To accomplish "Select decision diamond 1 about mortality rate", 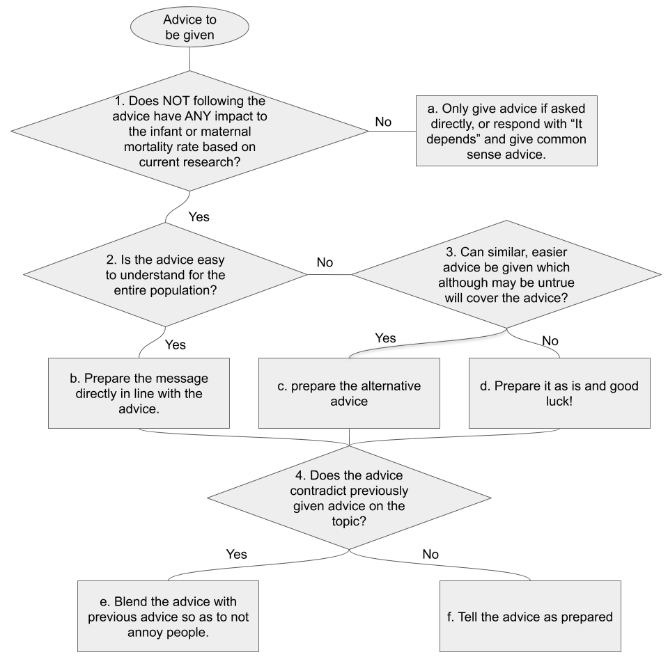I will [x=190, y=130].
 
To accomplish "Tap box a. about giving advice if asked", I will [x=506, y=130].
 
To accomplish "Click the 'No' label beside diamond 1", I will [x=383, y=122].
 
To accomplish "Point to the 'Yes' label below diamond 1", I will [x=199, y=216].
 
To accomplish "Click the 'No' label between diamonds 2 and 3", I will [x=325, y=262].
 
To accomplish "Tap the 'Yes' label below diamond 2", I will [x=176, y=344].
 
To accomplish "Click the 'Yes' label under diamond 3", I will [x=385, y=338].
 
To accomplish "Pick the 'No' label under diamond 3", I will [x=550, y=342].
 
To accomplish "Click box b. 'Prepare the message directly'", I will [x=139, y=393].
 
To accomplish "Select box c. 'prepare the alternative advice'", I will [x=349, y=393].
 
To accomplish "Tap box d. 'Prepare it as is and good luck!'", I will [x=559, y=393].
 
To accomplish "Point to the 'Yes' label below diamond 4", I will [x=236, y=555].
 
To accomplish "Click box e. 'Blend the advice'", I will [x=168, y=615].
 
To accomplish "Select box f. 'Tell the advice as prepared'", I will [x=530, y=615].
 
